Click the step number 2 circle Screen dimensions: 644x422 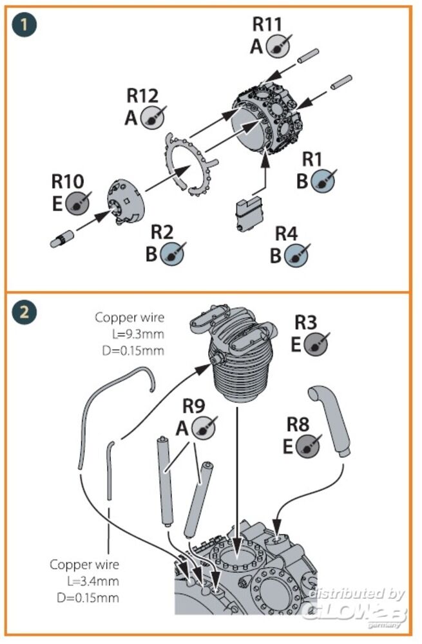tap(24, 313)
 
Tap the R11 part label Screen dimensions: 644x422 tap(267, 24)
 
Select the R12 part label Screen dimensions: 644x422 tap(142, 96)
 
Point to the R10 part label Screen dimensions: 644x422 tap(68, 182)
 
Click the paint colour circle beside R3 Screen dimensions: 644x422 tap(316, 345)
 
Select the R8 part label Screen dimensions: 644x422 tap(298, 424)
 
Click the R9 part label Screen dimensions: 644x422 tap(194, 406)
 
